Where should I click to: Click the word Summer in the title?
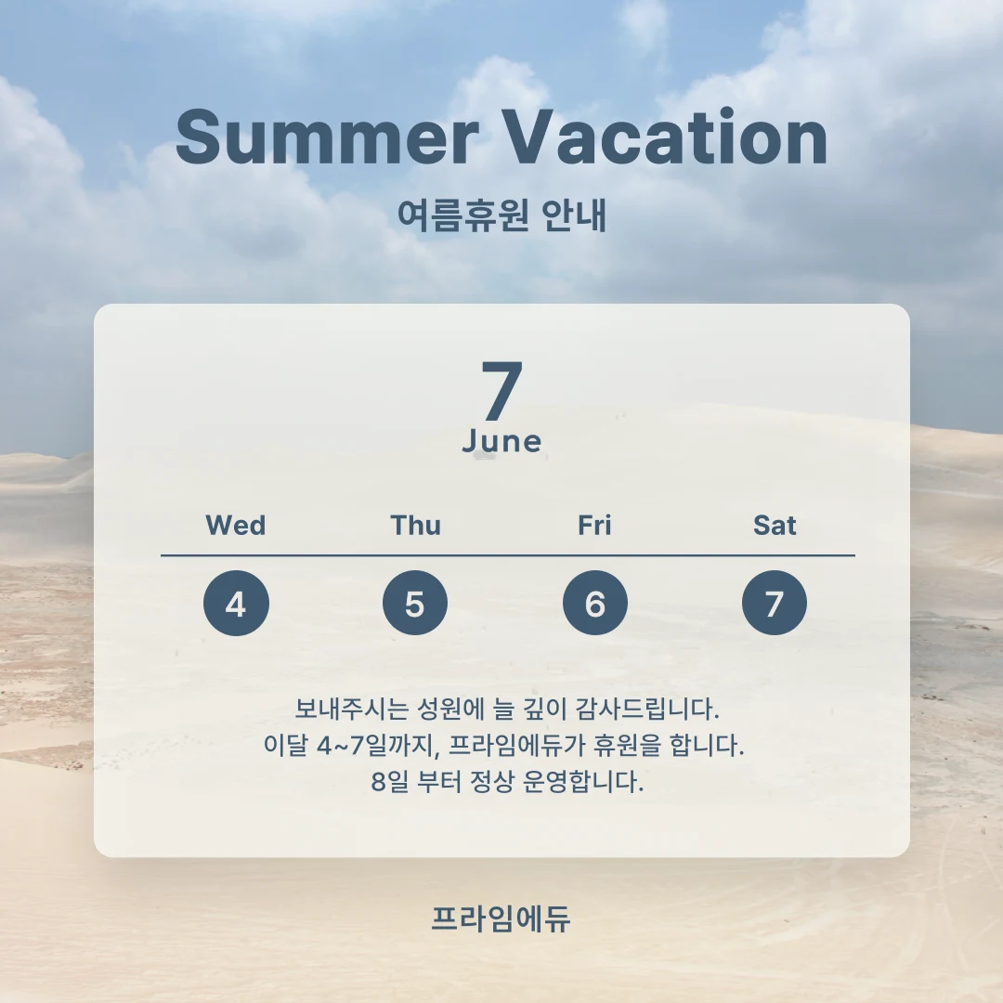click(x=326, y=137)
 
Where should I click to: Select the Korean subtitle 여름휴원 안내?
click(x=501, y=215)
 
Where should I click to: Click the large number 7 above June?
click(x=501, y=392)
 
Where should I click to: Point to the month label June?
click(x=501, y=442)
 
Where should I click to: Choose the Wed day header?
click(x=236, y=526)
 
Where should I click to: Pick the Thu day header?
click(x=415, y=526)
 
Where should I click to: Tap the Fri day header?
click(x=594, y=526)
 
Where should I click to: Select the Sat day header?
click(x=775, y=526)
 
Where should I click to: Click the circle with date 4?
click(x=236, y=604)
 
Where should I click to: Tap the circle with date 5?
click(x=415, y=604)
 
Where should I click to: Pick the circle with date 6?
click(x=594, y=604)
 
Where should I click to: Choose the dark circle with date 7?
click(x=775, y=604)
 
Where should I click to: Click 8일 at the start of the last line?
click(x=388, y=781)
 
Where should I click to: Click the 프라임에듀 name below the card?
click(x=501, y=918)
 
